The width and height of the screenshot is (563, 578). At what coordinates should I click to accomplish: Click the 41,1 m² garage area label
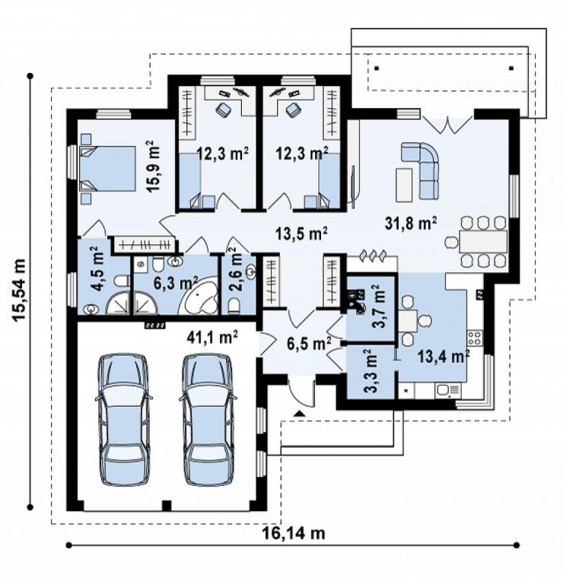tap(212, 337)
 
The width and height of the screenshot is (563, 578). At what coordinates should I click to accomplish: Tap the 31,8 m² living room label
tap(411, 224)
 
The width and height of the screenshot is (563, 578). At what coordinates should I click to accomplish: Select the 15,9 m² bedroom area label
tap(154, 167)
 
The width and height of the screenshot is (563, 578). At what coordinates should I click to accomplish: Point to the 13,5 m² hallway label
tap(301, 233)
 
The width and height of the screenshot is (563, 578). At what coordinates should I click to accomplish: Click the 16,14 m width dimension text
tap(294, 533)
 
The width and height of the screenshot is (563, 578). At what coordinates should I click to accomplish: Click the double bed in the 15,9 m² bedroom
tap(107, 168)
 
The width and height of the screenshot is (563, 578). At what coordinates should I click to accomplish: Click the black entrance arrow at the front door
tap(300, 413)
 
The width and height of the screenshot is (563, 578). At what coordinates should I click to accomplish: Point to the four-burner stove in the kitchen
tap(475, 338)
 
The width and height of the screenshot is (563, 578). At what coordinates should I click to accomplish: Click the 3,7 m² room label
tap(378, 306)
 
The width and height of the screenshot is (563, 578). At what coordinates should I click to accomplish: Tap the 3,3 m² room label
tap(370, 371)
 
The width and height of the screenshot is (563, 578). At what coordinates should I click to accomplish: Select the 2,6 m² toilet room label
tap(236, 270)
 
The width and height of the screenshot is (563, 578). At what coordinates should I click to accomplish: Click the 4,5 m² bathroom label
tap(97, 269)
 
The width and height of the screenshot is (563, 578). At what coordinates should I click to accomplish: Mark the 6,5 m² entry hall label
tap(309, 345)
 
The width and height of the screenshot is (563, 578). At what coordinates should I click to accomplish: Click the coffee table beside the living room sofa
tap(404, 185)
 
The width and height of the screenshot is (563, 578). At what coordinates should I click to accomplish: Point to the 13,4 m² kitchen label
tap(444, 357)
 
